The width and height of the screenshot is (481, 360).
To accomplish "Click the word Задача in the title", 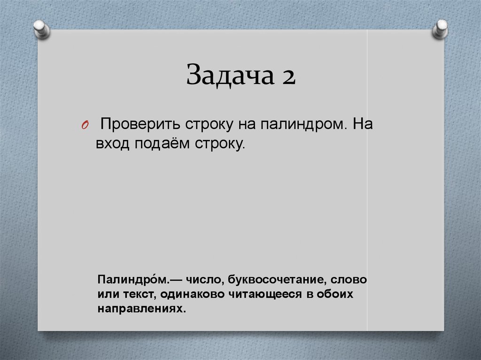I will pos(224,76).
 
